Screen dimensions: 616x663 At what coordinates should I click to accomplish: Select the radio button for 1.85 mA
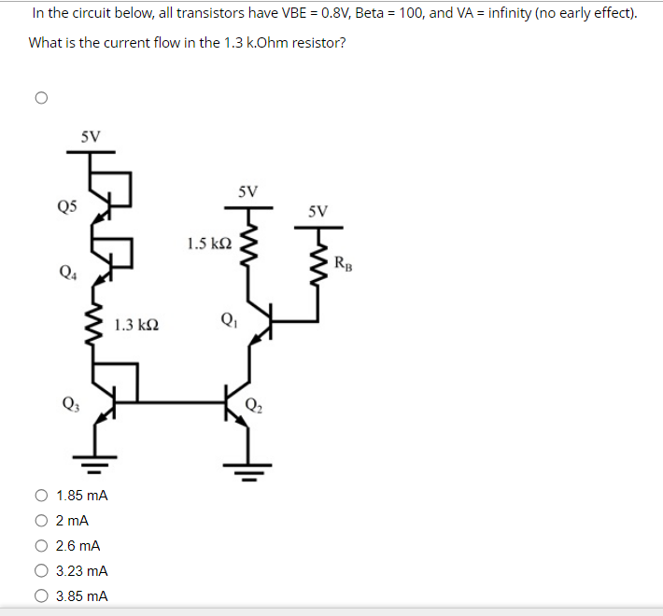pyautogui.click(x=41, y=497)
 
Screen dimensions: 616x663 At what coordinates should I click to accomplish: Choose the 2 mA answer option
pyautogui.click(x=41, y=522)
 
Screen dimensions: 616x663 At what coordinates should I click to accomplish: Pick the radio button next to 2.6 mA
pyautogui.click(x=41, y=546)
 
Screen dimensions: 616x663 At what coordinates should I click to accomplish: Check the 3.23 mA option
pyautogui.click(x=41, y=571)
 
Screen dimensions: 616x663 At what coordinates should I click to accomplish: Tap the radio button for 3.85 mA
pyautogui.click(x=41, y=595)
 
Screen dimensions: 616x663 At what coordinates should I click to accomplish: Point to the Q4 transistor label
pyautogui.click(x=67, y=273)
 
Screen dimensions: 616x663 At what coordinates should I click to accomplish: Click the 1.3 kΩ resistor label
pyautogui.click(x=136, y=326)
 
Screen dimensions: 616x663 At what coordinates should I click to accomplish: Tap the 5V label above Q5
pyautogui.click(x=91, y=136)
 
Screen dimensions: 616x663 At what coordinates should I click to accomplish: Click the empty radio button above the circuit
pyautogui.click(x=40, y=97)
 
